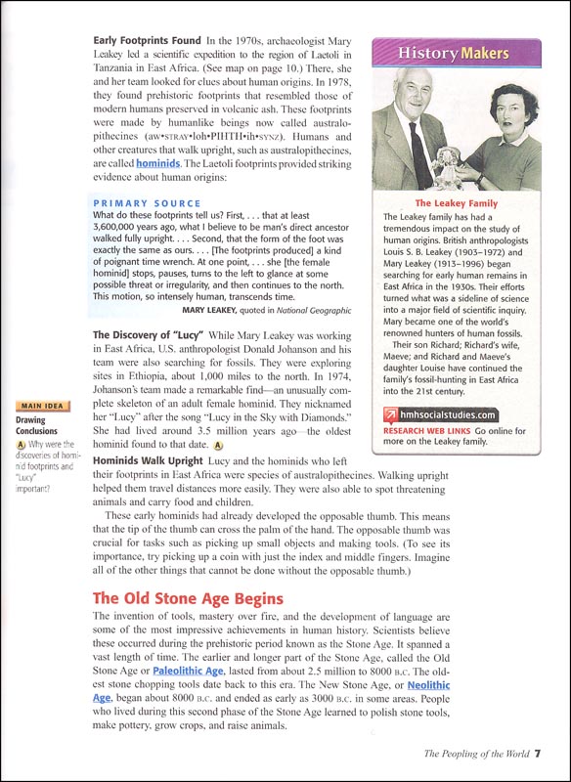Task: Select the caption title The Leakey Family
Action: [x=457, y=203]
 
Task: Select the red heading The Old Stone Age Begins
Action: [x=188, y=597]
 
